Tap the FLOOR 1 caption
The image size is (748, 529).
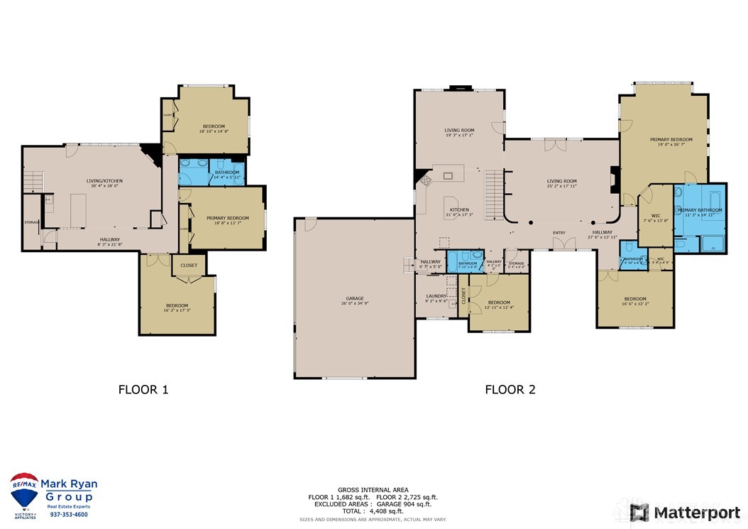(143, 389)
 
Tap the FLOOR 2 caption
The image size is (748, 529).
(510, 389)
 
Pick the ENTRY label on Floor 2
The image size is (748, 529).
(559, 232)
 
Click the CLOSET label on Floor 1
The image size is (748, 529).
(189, 265)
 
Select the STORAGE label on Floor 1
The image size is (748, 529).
(31, 222)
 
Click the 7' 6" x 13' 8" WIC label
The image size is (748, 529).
(650, 218)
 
